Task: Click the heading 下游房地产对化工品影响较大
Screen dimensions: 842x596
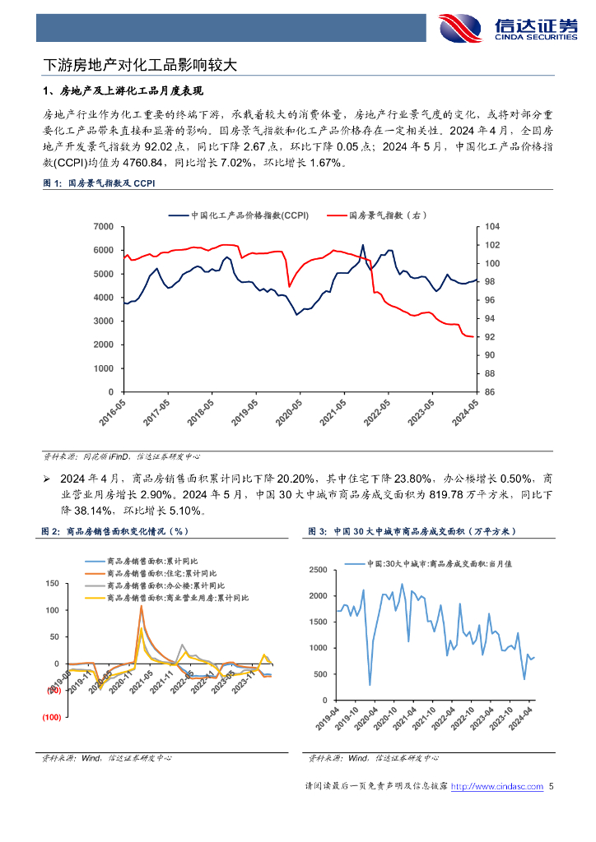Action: [x=140, y=64]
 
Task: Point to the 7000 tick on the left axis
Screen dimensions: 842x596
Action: [x=103, y=226]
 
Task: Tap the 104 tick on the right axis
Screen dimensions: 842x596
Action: [x=491, y=226]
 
